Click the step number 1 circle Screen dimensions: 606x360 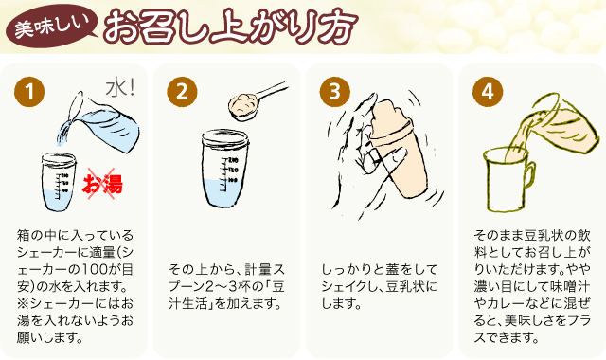coord(29,92)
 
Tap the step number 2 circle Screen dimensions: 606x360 coord(182,92)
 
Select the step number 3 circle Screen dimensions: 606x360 coord(334,92)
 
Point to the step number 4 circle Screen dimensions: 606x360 coord(488,92)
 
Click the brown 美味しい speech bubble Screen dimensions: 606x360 coord(51,27)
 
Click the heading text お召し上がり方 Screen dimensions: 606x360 coord(230,26)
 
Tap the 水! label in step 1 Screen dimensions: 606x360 coord(120,88)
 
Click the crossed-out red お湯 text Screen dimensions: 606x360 coord(102,184)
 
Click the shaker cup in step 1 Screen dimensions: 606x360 coord(59,182)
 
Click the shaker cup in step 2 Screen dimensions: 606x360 coord(225,169)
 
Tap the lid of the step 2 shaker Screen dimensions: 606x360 coord(225,136)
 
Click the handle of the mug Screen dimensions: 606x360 coord(530,177)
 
